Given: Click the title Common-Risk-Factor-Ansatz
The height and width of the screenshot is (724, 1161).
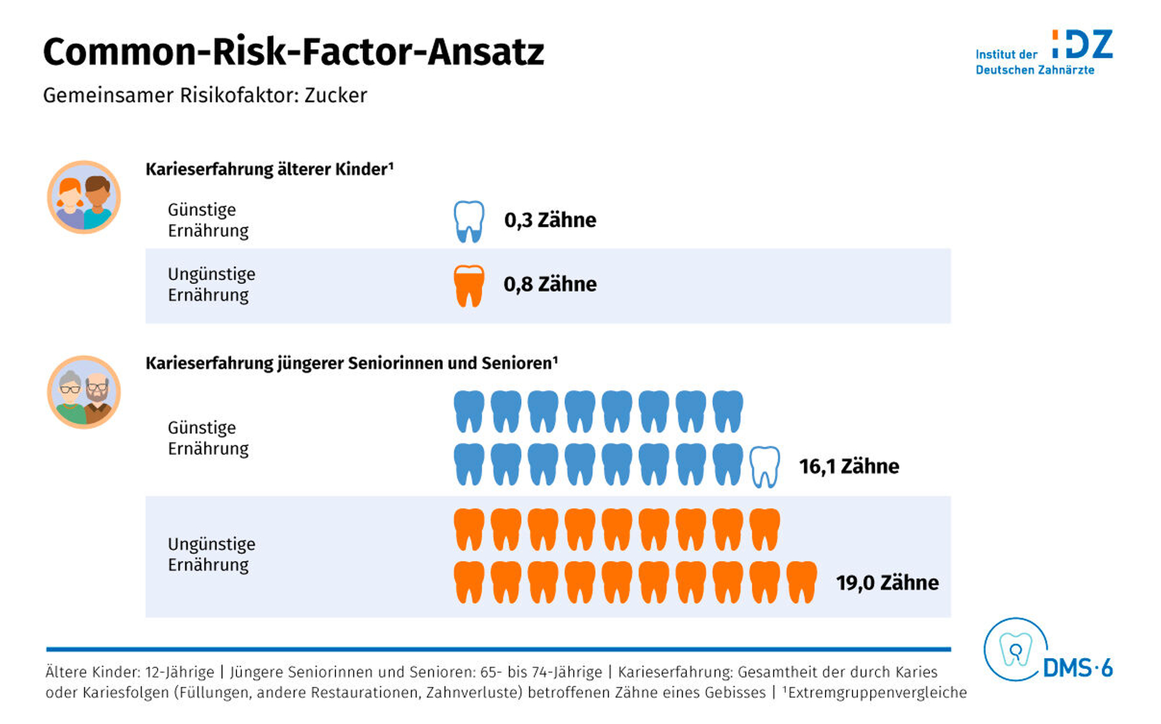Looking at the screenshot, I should click(293, 52).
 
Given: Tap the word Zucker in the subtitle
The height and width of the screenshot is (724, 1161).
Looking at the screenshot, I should click(335, 96).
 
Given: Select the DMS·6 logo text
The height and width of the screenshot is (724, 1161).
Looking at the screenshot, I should click(1077, 668).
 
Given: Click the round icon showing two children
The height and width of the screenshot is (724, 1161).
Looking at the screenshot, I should click(84, 197).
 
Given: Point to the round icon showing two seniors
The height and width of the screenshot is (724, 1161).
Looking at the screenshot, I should click(84, 393).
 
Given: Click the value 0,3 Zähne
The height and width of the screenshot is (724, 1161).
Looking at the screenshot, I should click(550, 220).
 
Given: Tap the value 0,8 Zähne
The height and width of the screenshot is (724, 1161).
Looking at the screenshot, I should click(550, 284).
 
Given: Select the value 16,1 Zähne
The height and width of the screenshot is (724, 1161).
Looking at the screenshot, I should click(849, 467).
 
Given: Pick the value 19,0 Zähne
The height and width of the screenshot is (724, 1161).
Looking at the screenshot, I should click(887, 583).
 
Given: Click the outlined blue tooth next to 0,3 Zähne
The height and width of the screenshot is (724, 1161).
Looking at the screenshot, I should click(469, 221).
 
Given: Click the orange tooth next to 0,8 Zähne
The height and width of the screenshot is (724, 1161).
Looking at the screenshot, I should click(469, 285).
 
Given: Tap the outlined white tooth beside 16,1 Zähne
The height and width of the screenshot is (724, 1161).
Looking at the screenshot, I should click(764, 467).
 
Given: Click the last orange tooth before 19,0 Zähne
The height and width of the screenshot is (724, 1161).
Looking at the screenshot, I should click(801, 582).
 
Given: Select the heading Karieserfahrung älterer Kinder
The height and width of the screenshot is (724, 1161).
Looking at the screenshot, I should click(269, 169).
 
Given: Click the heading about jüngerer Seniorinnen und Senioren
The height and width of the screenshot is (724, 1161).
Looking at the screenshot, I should click(351, 363).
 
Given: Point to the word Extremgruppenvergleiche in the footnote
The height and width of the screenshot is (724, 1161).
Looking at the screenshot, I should click(877, 693).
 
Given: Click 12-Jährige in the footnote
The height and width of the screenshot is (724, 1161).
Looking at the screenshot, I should click(180, 672).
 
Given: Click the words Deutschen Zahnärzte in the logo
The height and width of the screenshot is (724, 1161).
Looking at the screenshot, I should click(1035, 70).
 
